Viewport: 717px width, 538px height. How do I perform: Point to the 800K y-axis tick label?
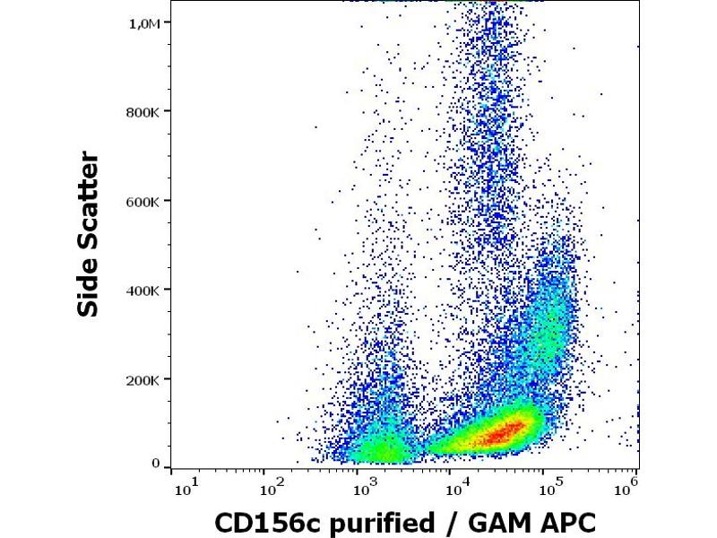(x=145, y=112)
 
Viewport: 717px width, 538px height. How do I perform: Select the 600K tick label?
(x=145, y=201)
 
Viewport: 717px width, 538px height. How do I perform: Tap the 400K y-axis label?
(x=145, y=291)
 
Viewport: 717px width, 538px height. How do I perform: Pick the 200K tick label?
(x=145, y=379)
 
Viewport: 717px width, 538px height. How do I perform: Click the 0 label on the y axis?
(x=155, y=464)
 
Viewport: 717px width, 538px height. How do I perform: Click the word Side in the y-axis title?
(x=89, y=284)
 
